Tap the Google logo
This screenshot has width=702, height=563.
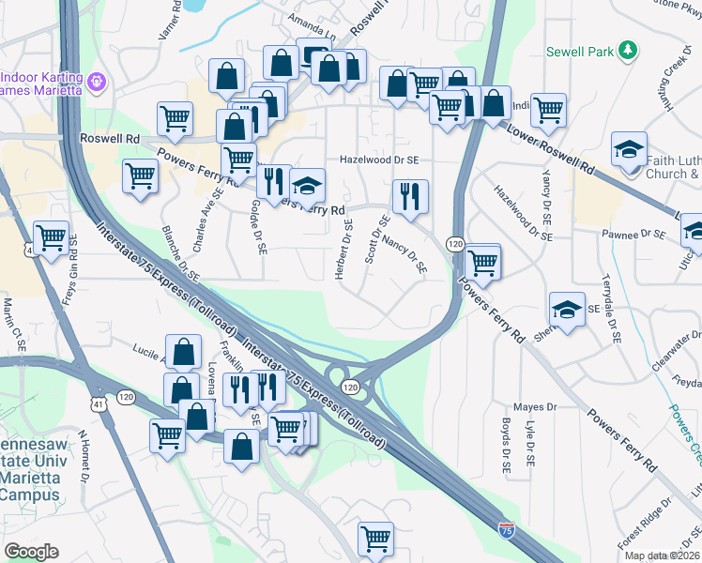click(x=31, y=552)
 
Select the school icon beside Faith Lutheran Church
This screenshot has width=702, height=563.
click(x=628, y=148)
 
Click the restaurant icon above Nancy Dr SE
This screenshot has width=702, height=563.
click(x=409, y=195)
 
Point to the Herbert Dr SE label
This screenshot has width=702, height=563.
click(x=344, y=247)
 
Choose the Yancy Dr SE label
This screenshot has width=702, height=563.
click(x=545, y=190)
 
